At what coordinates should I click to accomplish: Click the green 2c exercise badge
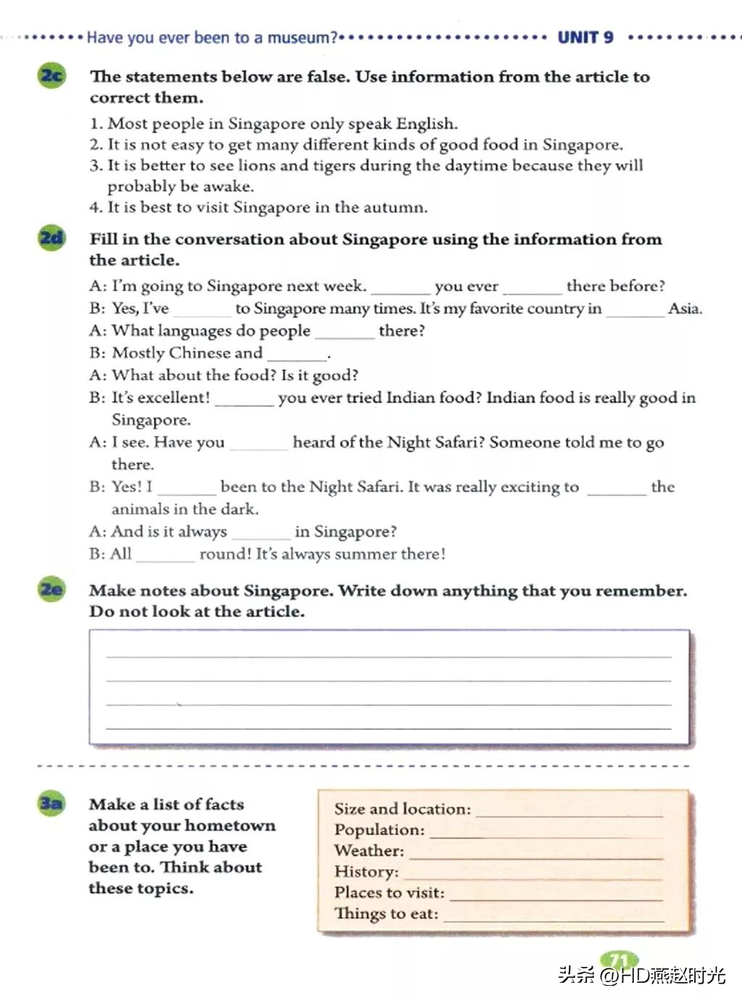click(51, 76)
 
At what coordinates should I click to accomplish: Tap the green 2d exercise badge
click(51, 238)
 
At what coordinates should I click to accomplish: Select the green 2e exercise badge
click(51, 590)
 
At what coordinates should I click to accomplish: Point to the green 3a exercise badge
click(51, 803)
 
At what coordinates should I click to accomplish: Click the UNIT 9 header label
click(585, 38)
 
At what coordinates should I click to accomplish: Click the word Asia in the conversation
click(684, 309)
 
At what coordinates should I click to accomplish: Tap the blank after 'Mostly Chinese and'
click(297, 355)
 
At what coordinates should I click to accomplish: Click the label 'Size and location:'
click(402, 809)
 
